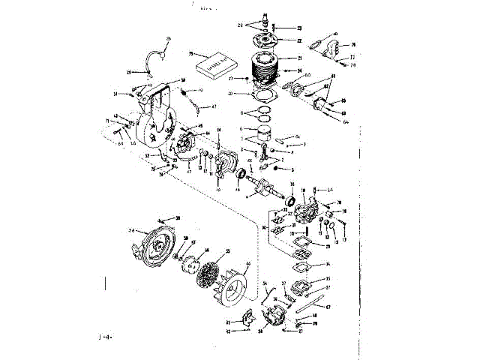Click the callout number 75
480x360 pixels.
pos(191,54)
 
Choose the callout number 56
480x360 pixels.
pos(131,230)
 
